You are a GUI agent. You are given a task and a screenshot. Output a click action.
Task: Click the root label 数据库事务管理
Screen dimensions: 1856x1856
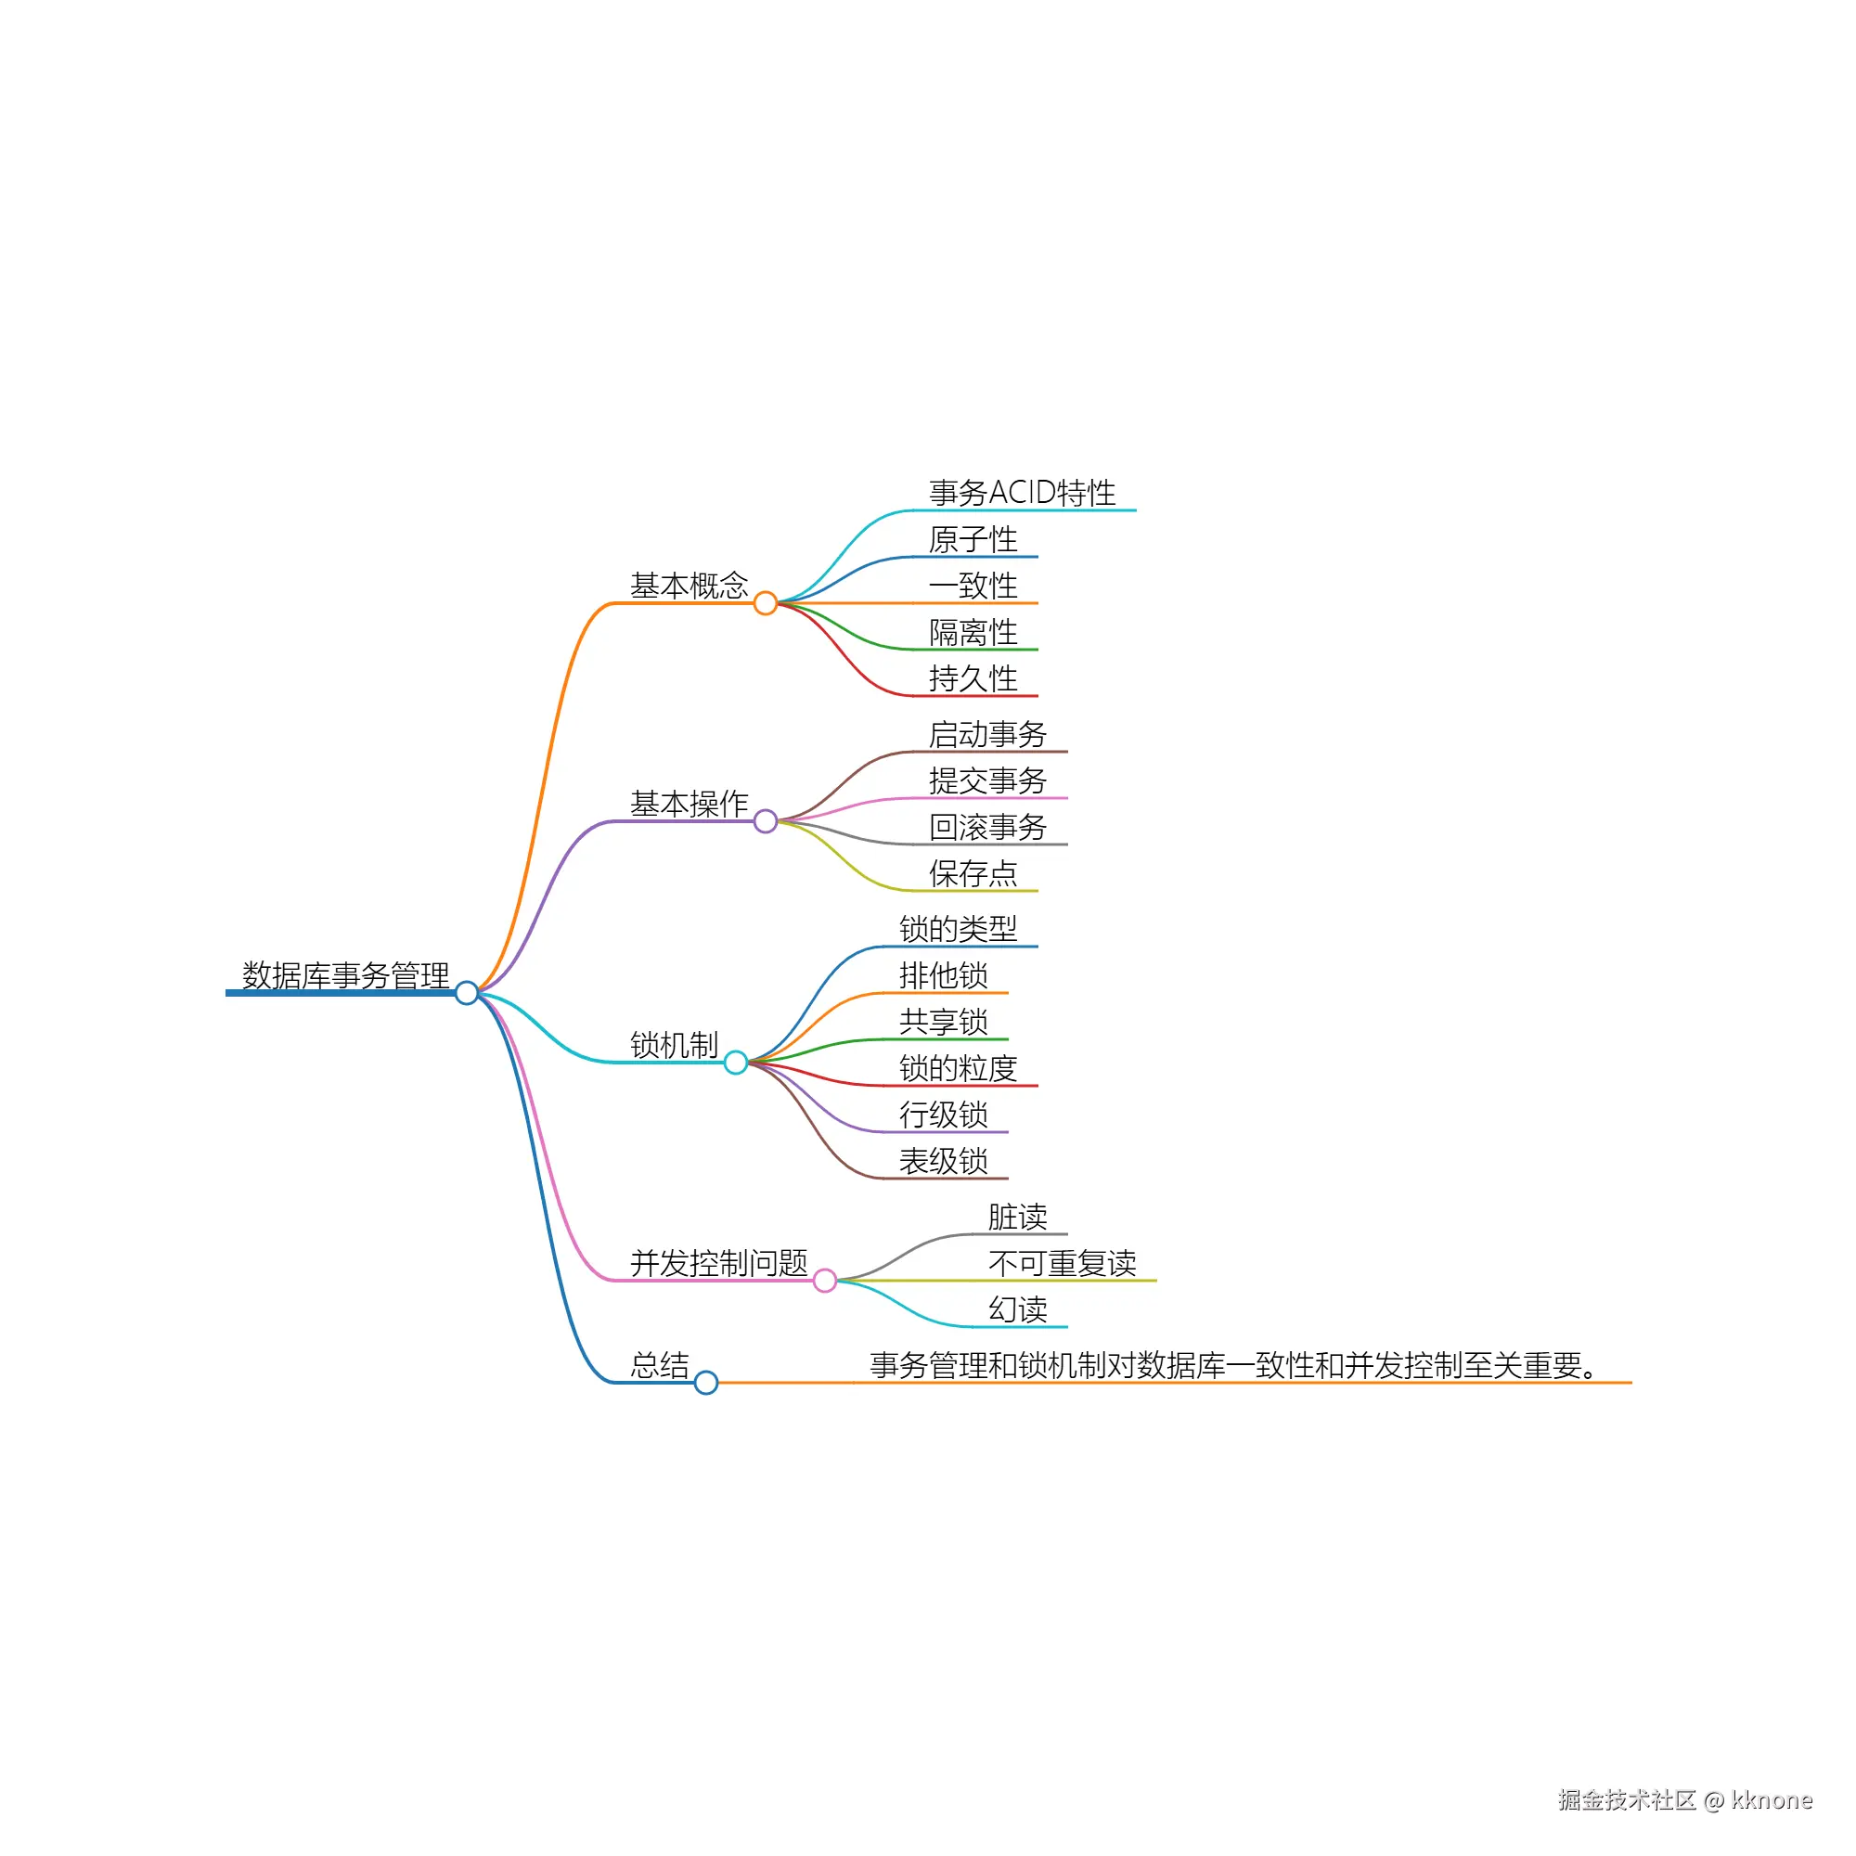tap(346, 975)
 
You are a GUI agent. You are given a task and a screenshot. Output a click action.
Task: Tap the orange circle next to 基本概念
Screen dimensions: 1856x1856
tap(766, 603)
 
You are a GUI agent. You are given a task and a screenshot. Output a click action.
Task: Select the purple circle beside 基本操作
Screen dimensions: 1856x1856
tap(766, 821)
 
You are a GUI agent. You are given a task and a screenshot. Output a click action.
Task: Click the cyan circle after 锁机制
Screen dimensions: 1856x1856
tap(736, 1063)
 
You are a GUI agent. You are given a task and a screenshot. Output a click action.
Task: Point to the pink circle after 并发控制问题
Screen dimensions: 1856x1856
tap(825, 1281)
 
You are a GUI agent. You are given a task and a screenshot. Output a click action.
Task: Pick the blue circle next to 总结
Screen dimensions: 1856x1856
tap(706, 1383)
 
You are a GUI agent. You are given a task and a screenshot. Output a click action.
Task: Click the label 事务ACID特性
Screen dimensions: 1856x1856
tap(1022, 493)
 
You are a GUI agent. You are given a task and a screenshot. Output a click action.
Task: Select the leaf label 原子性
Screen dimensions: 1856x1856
tap(973, 539)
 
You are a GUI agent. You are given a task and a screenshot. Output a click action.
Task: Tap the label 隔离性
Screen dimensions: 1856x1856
tap(973, 632)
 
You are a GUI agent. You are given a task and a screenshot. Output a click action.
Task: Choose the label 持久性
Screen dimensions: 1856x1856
tap(973, 678)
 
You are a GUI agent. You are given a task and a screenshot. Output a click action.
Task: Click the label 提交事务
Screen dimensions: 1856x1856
tap(987, 781)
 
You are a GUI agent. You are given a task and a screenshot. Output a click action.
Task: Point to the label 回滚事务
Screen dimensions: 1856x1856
tap(987, 827)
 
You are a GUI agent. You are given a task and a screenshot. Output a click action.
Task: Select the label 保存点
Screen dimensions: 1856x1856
tap(973, 873)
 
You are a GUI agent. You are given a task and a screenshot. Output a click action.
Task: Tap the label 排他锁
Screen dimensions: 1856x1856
tap(944, 975)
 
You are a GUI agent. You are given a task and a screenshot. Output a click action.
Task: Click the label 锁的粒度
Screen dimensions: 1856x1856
tap(958, 1068)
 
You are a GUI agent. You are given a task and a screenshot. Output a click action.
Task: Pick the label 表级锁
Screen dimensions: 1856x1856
tap(944, 1161)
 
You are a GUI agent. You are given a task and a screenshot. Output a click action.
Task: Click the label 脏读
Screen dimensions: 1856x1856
tap(1017, 1218)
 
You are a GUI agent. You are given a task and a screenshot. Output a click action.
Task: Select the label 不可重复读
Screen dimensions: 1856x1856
tap(1063, 1263)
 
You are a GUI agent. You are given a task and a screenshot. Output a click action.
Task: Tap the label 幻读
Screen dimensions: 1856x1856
tap(1017, 1309)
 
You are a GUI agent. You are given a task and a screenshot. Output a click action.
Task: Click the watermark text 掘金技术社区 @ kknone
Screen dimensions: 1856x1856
tap(1685, 1800)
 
